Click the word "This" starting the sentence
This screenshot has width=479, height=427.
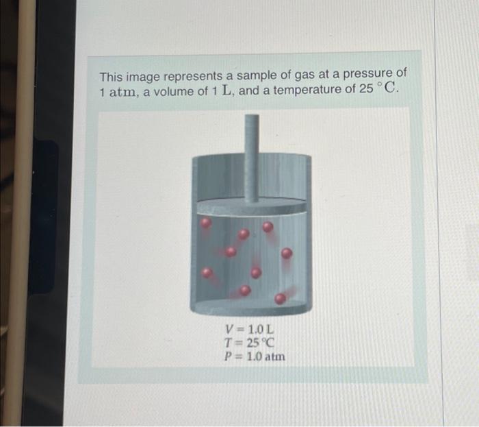(x=112, y=77)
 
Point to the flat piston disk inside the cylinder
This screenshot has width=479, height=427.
(x=251, y=206)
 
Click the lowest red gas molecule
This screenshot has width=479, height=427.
(x=280, y=299)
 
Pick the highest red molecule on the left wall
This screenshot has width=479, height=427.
(x=205, y=223)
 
